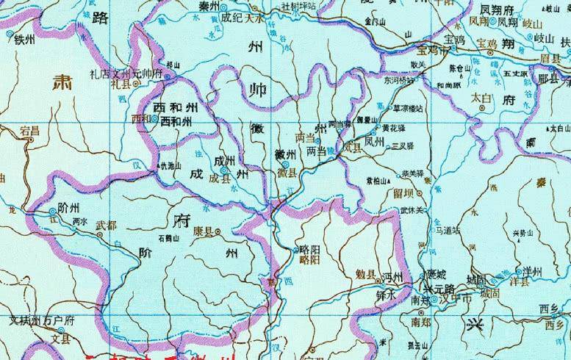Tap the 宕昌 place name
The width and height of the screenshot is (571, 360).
[x=30, y=132]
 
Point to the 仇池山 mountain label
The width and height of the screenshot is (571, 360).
[x=170, y=169]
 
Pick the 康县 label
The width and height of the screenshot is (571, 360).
[x=202, y=231]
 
